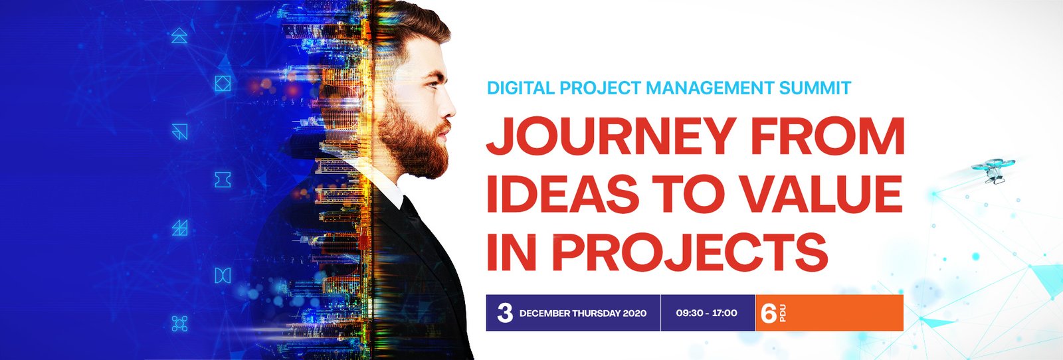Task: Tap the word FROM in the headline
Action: [828, 136]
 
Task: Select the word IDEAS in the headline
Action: [563, 195]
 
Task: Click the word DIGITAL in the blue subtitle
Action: [521, 88]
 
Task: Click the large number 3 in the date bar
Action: [505, 313]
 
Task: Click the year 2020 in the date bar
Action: [635, 314]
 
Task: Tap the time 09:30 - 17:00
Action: [707, 313]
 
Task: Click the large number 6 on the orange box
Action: [769, 313]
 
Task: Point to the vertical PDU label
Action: [783, 313]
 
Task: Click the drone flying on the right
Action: [993, 170]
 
